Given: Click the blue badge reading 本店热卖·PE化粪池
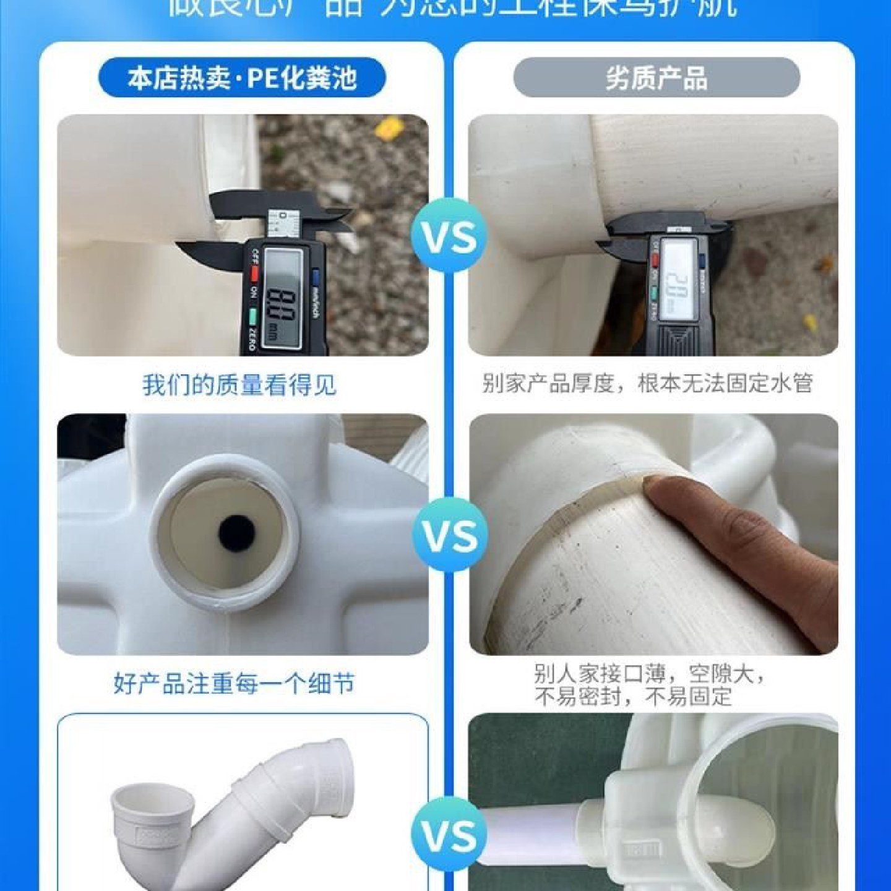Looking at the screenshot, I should (x=242, y=78).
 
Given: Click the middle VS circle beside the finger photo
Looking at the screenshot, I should (x=450, y=535).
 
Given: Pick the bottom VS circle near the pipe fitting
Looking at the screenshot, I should (x=450, y=835).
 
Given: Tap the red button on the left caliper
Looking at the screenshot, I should (x=253, y=273).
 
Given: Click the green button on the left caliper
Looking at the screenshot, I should (x=253, y=317).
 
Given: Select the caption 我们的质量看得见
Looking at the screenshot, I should (x=239, y=385).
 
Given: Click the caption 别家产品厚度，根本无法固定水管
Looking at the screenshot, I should (x=647, y=384).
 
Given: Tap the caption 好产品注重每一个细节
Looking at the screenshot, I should (x=234, y=684).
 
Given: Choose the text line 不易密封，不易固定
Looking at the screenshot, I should (x=632, y=697).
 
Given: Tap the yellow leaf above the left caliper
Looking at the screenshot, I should (x=389, y=127).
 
